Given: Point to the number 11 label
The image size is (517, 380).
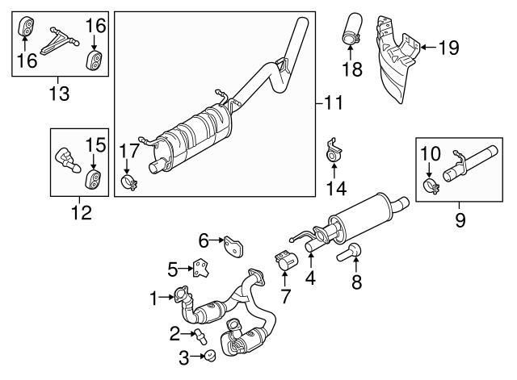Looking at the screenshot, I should [x=334, y=102].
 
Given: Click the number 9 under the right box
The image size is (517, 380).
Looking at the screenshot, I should [x=460, y=219].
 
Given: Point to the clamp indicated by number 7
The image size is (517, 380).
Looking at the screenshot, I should [x=285, y=263].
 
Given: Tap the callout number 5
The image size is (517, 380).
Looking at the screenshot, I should [x=172, y=267].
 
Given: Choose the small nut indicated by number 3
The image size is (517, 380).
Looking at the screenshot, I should [x=208, y=355].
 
